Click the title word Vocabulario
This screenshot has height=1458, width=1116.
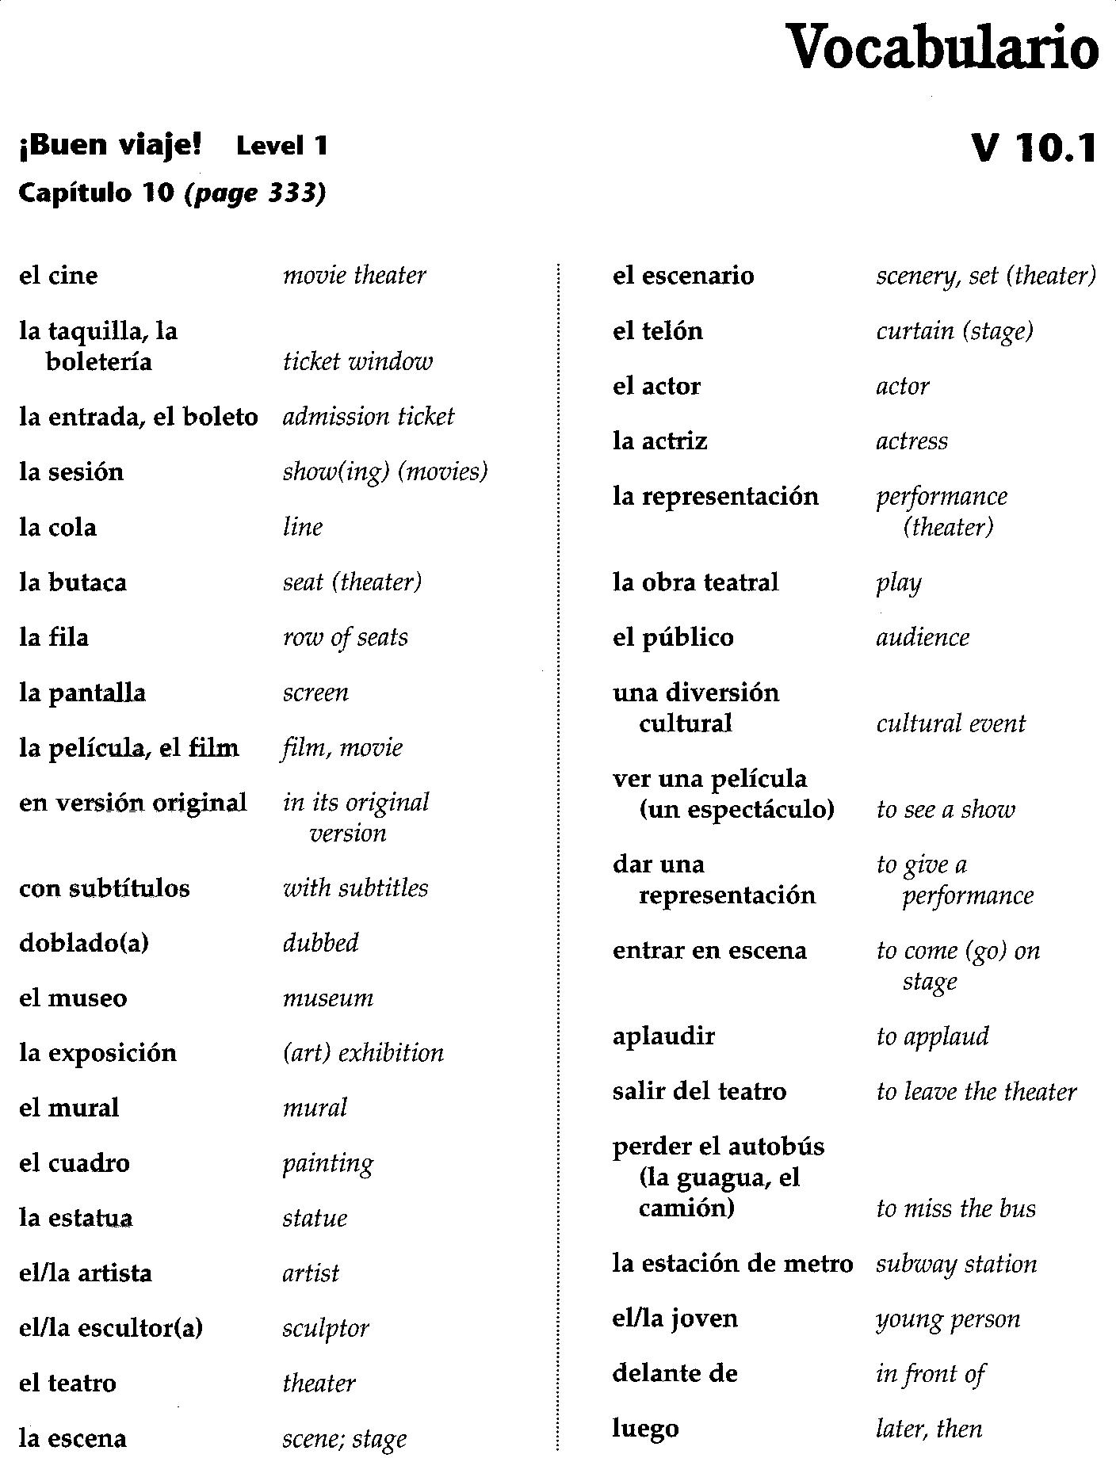point(942,47)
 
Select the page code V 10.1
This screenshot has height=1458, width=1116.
point(1034,147)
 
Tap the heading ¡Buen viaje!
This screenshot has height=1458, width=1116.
point(110,145)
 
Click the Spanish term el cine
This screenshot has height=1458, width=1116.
point(59,276)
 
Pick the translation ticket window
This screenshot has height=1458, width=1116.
point(357,362)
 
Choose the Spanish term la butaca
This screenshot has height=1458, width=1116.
point(73,583)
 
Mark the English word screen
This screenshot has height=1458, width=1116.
point(315,693)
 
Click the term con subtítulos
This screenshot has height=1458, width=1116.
point(105,889)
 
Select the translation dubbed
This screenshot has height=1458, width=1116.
point(321,944)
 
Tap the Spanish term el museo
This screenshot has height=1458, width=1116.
point(73,998)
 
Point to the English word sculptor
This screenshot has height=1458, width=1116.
point(326,1329)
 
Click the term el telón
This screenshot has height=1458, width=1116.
point(658,331)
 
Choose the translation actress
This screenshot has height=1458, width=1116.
point(912,441)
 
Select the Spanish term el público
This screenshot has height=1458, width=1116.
point(673,638)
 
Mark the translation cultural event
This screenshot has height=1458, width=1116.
point(950,724)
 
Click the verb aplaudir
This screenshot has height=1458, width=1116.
point(663,1036)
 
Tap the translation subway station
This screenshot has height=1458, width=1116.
point(956,1264)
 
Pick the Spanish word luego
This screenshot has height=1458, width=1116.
point(645,1429)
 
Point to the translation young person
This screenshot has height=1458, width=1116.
point(948,1319)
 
